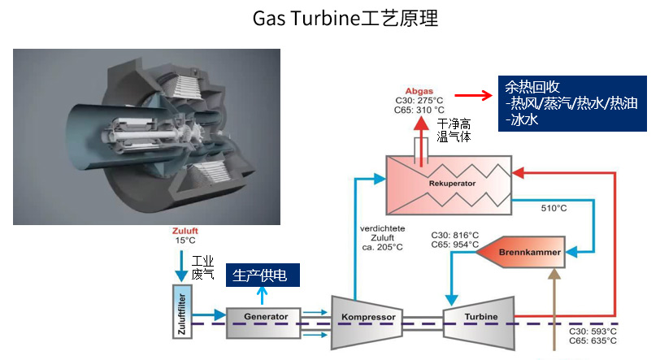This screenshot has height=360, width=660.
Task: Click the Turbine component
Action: (481, 316)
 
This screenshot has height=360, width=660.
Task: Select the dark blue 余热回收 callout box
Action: (571, 103)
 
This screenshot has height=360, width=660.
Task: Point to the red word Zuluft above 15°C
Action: (185, 231)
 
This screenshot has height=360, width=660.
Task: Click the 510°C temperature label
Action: (554, 208)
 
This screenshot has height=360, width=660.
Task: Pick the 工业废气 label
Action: (202, 267)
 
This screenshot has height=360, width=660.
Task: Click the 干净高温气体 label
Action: (454, 130)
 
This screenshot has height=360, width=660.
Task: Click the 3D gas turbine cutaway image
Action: (146, 137)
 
